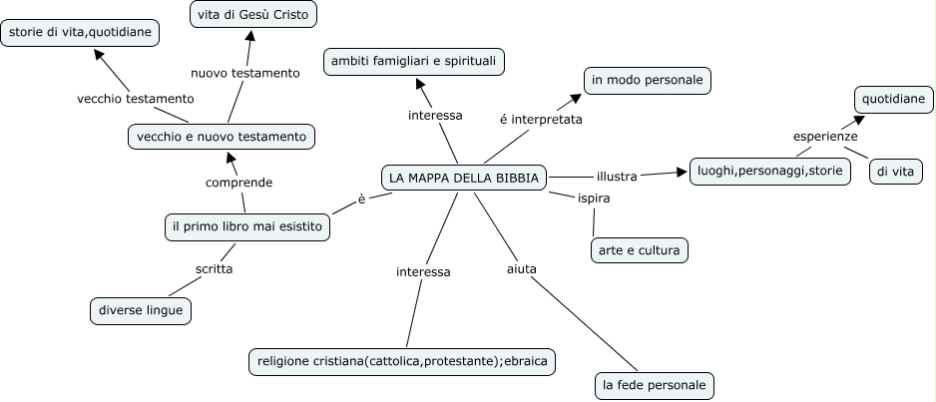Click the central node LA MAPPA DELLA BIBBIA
(464, 178)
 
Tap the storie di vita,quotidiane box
(80, 34)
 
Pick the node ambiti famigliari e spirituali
(413, 62)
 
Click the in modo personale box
(648, 80)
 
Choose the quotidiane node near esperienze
(894, 99)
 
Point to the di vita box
(895, 172)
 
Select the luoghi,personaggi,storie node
(770, 172)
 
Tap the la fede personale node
(654, 384)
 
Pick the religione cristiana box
(400, 360)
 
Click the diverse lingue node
(141, 310)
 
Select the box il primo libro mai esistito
(246, 227)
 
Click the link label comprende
(238, 183)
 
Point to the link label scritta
(215, 268)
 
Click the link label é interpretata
(540, 119)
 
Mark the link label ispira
(594, 198)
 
